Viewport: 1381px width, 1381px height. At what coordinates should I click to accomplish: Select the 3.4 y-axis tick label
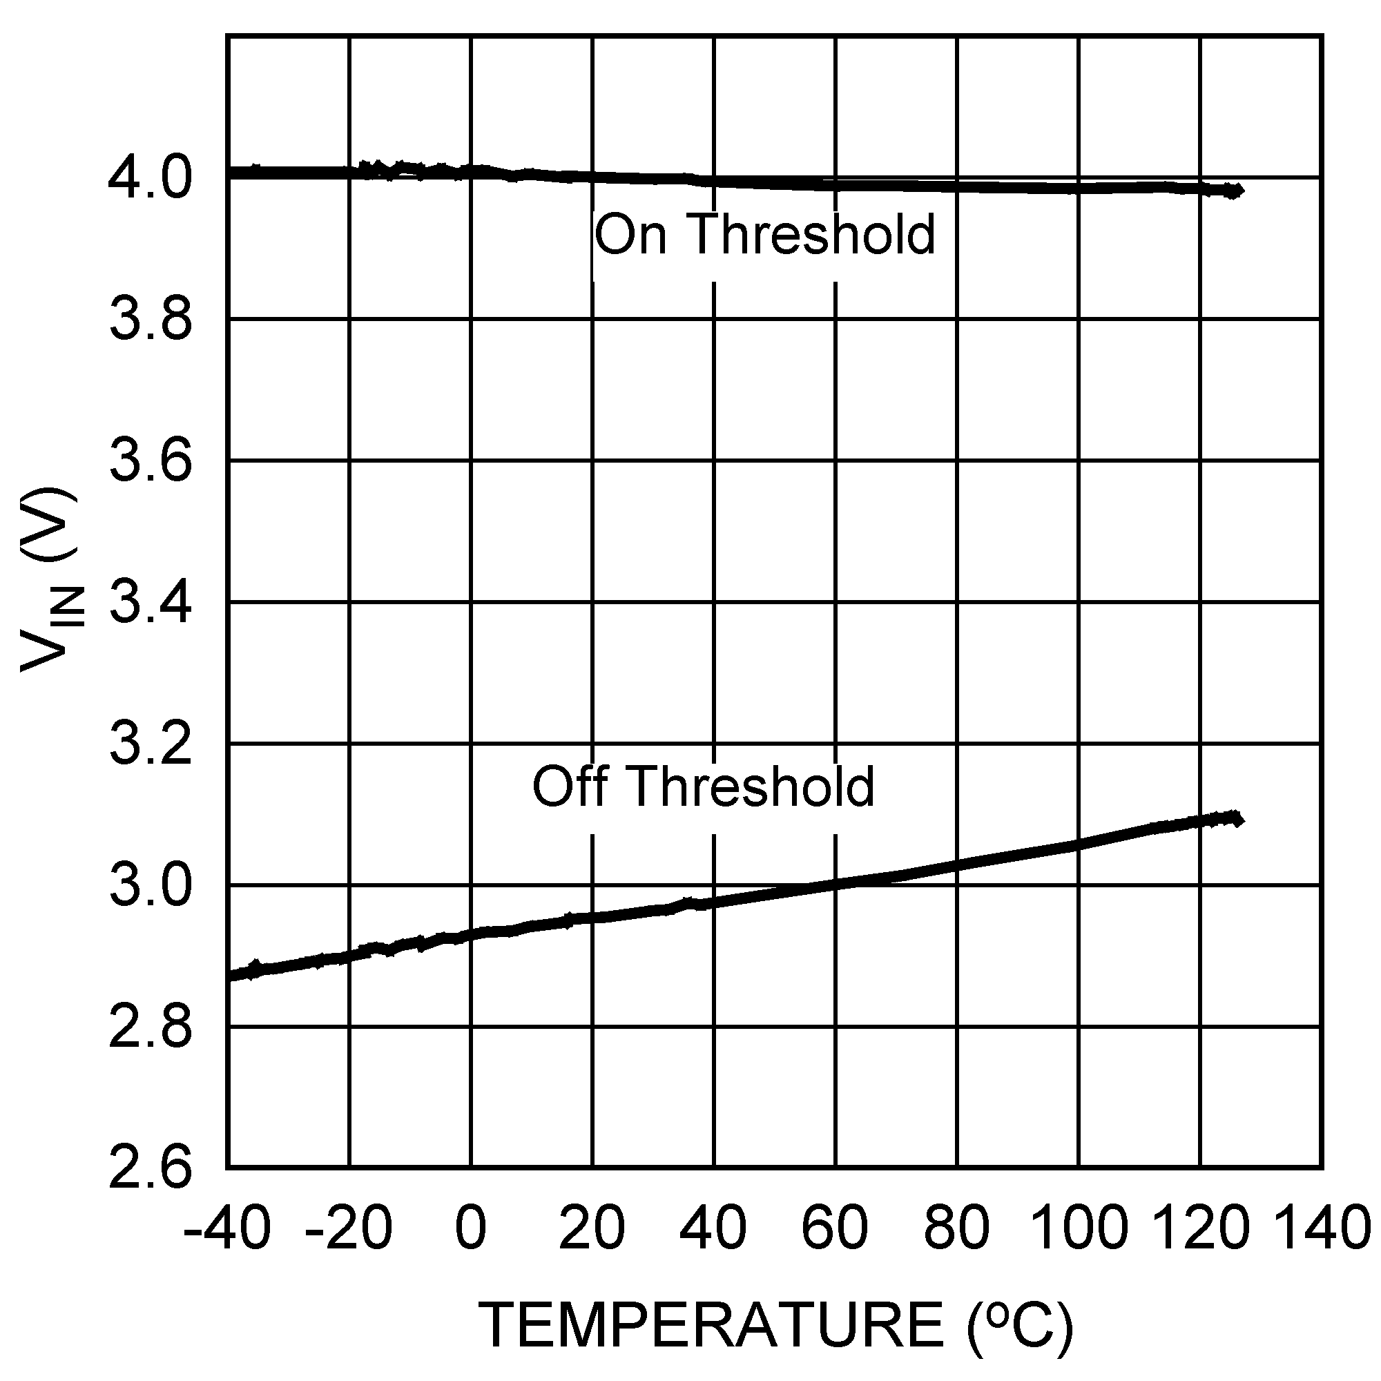[x=151, y=603]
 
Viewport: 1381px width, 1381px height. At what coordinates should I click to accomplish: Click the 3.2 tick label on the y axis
[x=151, y=744]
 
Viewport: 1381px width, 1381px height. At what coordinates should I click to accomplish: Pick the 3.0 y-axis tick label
[x=151, y=886]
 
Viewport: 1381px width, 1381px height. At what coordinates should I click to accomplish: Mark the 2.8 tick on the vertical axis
[x=151, y=1027]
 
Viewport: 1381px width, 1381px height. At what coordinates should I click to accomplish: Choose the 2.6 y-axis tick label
[x=151, y=1170]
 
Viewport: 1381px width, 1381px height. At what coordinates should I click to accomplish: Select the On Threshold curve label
[x=765, y=235]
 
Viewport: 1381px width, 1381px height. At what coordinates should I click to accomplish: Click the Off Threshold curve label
[x=704, y=786]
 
